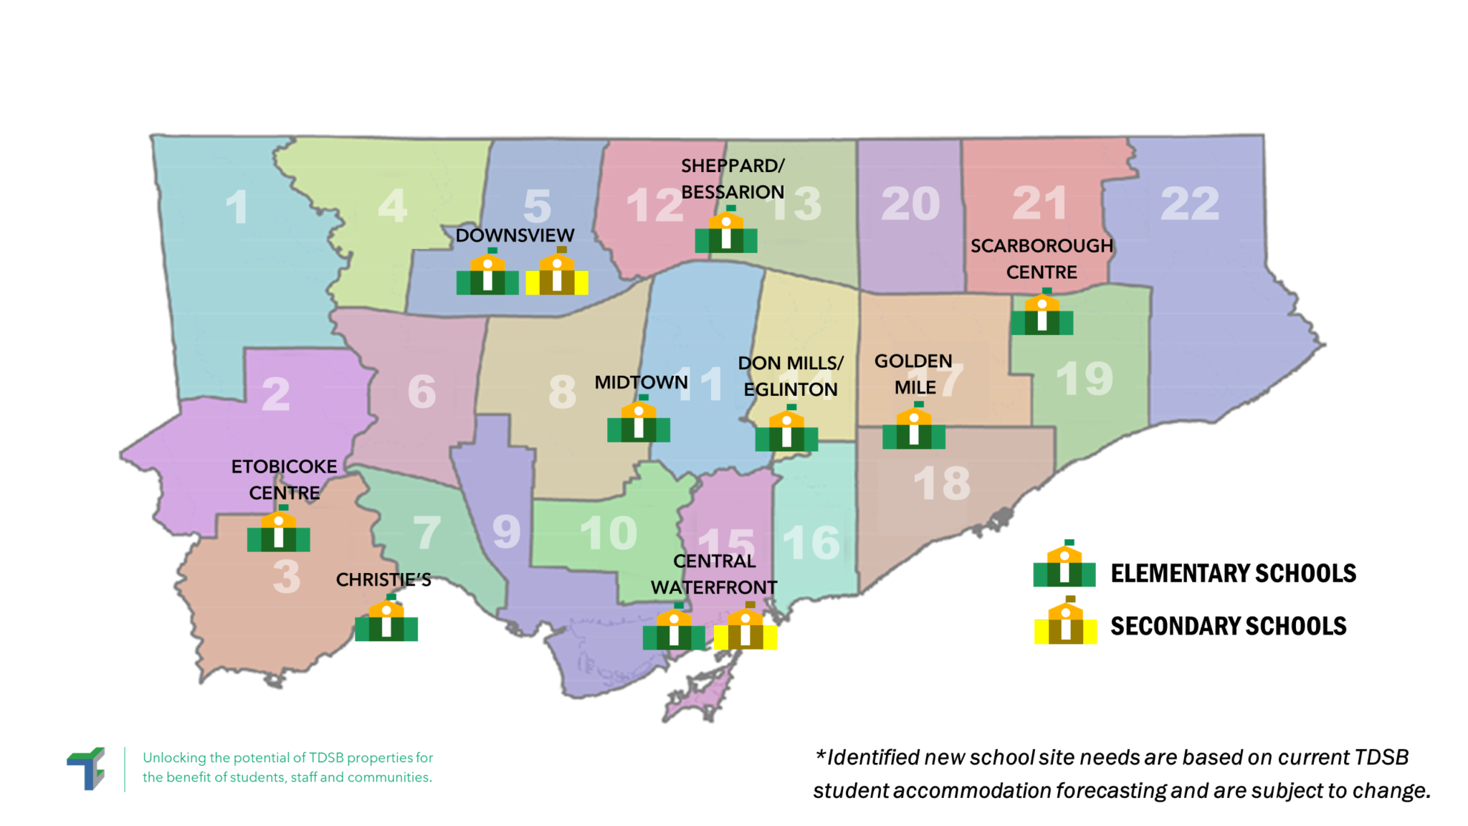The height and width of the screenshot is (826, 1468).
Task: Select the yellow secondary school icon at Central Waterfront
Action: tap(745, 629)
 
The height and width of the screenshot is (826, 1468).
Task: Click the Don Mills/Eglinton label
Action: tap(791, 376)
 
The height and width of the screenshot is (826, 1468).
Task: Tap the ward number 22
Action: tap(1190, 204)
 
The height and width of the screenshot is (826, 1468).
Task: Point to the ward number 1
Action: tap(237, 208)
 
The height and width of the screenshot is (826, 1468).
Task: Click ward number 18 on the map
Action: tap(942, 484)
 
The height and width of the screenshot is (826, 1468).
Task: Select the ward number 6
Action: tap(421, 391)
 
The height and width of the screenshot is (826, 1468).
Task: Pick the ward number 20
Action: tap(910, 204)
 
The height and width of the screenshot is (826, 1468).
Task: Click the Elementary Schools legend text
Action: tap(1233, 574)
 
